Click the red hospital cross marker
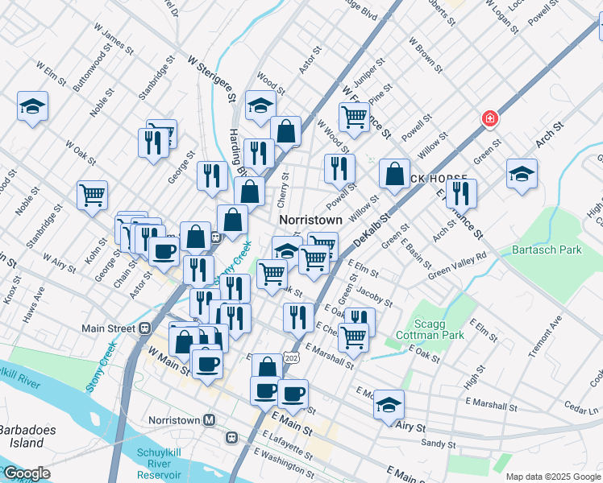(489, 119)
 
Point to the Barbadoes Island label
(28, 436)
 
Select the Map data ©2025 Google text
(553, 476)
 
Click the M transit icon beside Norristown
(210, 420)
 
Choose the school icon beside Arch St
(522, 172)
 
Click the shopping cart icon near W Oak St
(93, 194)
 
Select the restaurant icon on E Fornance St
(461, 192)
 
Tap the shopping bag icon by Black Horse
(394, 174)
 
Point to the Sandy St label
(439, 444)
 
